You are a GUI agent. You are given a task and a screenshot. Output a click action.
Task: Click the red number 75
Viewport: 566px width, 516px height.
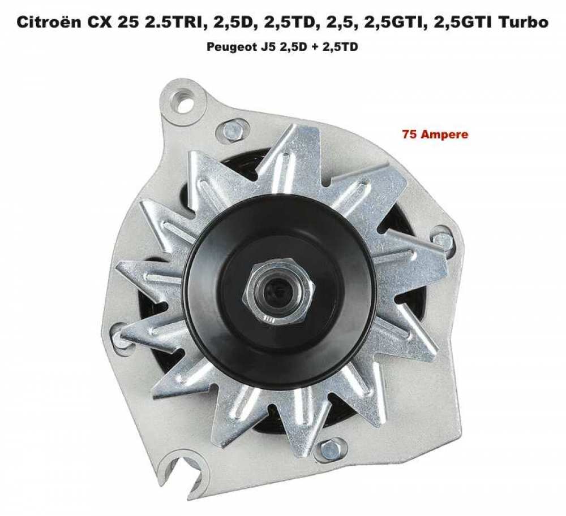tap(409, 135)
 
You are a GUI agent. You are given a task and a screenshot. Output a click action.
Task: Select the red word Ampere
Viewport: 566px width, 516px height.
tap(444, 136)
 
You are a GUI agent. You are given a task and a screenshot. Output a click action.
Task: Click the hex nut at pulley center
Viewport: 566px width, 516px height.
tap(278, 292)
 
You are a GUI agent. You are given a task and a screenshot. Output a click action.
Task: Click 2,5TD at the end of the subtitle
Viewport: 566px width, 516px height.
tap(342, 47)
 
